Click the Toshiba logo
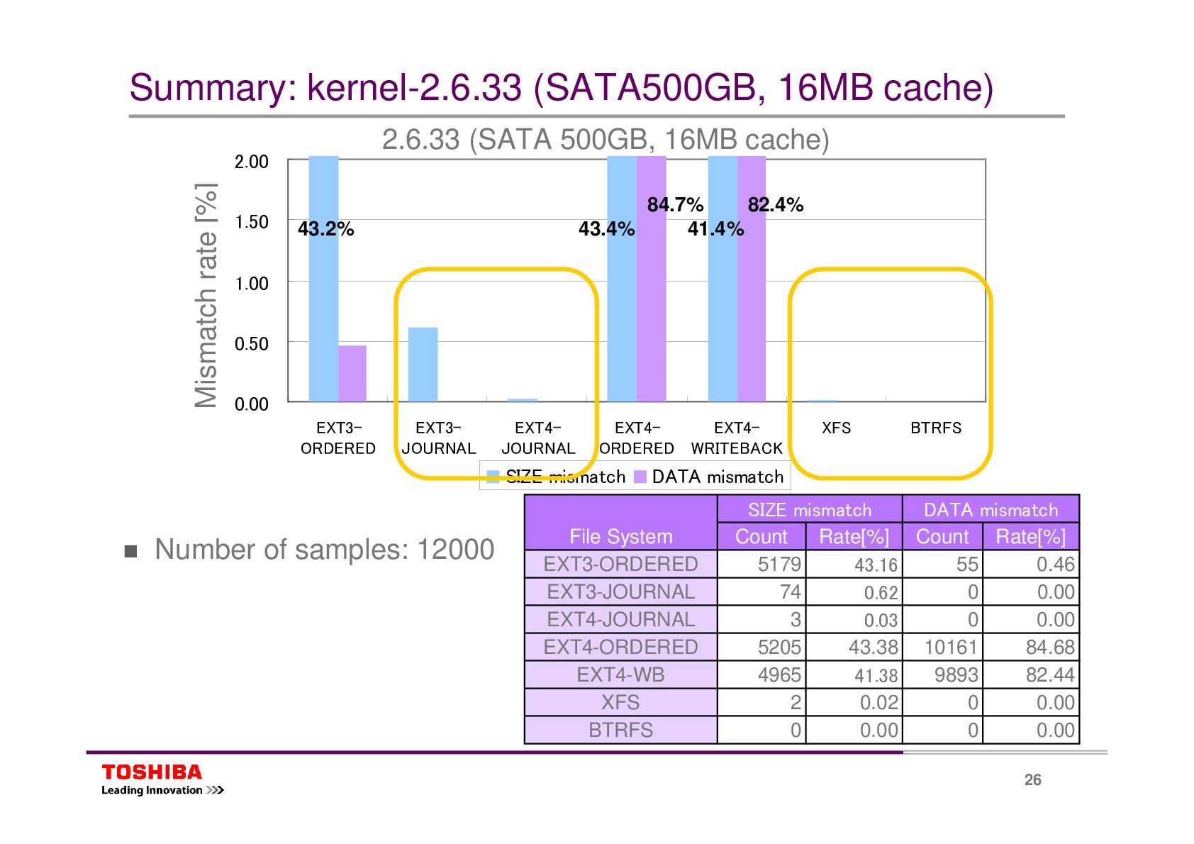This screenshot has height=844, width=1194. (x=152, y=772)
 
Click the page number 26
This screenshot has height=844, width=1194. (x=1032, y=780)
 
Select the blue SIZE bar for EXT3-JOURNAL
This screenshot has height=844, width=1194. (x=423, y=364)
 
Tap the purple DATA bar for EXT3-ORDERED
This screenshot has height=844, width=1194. (x=352, y=373)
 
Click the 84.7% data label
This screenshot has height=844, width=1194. (x=675, y=205)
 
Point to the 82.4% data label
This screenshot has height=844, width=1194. (x=776, y=205)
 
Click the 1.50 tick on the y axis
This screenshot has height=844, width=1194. (x=252, y=222)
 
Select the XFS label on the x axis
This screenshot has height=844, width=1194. (x=836, y=428)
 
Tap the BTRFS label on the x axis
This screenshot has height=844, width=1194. (x=936, y=428)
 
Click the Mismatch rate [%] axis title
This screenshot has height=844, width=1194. (x=206, y=295)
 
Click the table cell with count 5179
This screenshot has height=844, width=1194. (x=779, y=565)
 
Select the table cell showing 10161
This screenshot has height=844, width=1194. (x=951, y=648)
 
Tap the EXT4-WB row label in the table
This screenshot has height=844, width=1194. (x=620, y=674)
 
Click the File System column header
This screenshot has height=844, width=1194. (x=620, y=537)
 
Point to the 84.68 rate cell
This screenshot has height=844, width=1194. (x=1049, y=648)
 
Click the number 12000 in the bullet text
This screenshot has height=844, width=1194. (x=455, y=550)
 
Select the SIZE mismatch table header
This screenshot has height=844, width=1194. (x=810, y=510)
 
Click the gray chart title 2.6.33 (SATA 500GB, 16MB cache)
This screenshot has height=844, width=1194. (x=606, y=140)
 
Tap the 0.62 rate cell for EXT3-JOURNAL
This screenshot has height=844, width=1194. (x=881, y=592)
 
